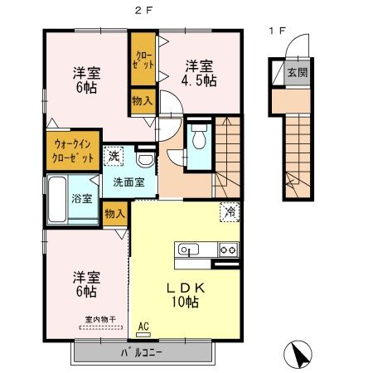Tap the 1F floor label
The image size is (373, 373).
[x=277, y=31]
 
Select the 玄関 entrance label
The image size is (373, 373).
[x=297, y=72]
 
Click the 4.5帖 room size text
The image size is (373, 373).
[x=200, y=73]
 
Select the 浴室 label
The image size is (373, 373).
[x=81, y=199]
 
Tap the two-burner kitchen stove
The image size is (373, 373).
[x=227, y=249]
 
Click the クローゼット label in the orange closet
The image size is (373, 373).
[x=141, y=60]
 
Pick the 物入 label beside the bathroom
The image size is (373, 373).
[x=115, y=214]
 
